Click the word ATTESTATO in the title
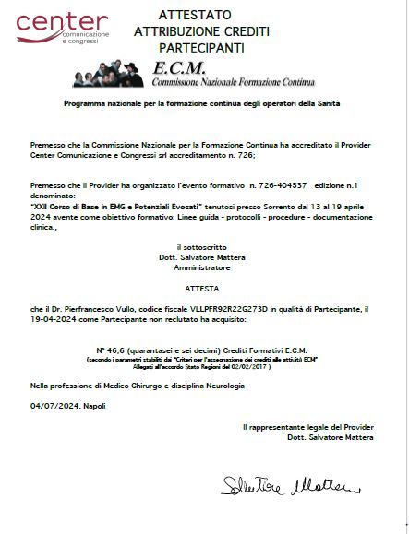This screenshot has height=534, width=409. click(195, 15)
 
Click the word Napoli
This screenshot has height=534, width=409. click(94, 405)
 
